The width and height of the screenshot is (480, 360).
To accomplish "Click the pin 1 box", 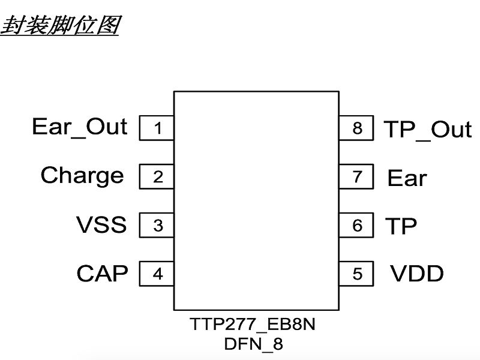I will pos(157,128).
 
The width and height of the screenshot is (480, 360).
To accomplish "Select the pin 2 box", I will pos(157,177).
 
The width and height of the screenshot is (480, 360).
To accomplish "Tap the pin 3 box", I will pos(157,226).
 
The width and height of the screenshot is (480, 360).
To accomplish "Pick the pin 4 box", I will pos(157,274).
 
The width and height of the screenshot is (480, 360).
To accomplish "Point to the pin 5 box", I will pos(357,274).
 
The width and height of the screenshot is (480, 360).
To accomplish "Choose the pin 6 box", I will pos(357,226).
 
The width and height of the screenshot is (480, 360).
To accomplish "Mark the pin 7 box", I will pos(357,177).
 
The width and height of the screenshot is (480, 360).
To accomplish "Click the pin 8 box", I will pos(357,128).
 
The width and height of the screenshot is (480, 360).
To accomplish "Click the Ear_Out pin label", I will pos(79,127).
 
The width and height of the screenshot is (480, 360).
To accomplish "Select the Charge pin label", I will pos(82,176).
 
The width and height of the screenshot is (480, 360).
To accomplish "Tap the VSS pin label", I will pos(101,225).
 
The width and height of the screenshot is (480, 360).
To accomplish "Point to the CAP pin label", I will pos(102,274).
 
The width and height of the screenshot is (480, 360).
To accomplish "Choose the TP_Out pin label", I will pos(427,130).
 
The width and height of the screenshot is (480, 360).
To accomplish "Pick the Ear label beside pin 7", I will pos(407,178).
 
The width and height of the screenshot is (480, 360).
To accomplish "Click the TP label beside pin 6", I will pos(400,226).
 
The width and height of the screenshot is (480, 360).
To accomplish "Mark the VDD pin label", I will pos(417,274).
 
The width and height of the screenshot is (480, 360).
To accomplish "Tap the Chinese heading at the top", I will pos(59,25).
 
